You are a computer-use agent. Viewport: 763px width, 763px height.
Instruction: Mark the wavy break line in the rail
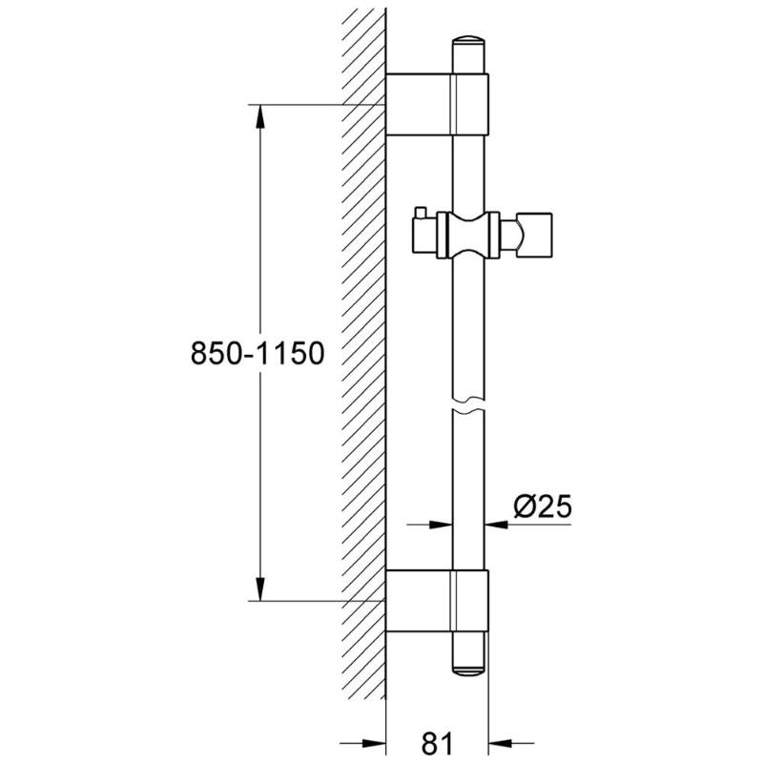pos(467,411)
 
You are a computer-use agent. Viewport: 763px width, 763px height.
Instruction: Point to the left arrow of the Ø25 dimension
pos(441,523)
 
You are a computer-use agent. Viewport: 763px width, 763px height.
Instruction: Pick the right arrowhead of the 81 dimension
pos(498,741)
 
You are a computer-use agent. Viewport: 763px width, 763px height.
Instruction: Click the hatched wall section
pos(362,381)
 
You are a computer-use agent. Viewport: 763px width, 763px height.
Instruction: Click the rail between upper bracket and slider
pos(467,172)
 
